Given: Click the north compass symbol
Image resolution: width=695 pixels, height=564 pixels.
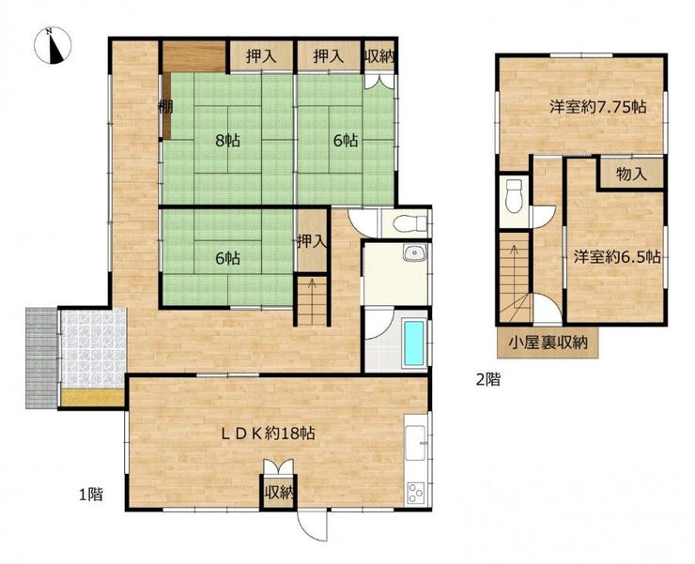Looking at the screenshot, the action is coord(53,45).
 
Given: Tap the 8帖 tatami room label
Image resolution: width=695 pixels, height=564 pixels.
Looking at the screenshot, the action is coord(227,141).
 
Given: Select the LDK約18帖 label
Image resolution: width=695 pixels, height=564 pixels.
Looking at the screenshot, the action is coord(269,434).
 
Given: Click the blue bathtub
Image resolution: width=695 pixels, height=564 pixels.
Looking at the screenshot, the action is coord(414,343).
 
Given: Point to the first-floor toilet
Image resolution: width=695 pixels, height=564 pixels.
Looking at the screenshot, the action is coord(409,224).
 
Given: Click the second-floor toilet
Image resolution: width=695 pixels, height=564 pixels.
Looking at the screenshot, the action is coord(514,195).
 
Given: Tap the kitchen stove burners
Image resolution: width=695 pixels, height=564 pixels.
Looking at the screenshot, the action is coord(416,492).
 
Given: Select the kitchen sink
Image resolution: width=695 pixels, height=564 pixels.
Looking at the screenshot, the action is coord(416,443).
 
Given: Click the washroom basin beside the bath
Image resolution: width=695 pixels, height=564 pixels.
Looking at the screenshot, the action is coord(414,253).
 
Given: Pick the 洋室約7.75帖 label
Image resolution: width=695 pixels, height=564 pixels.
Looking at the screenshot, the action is coord(598,107).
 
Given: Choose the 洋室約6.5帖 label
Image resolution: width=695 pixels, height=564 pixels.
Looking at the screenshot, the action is coord(617,257).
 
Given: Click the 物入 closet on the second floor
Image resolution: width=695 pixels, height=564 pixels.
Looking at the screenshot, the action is coord(632,175).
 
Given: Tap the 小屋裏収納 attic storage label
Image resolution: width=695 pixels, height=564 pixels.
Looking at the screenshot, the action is coord(548,343).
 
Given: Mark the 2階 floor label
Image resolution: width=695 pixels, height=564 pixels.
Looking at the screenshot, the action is coord(487,379).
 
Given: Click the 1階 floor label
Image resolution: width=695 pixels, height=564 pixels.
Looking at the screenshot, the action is coord(91,494).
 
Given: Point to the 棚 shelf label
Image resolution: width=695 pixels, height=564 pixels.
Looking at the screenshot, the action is coord(165,107).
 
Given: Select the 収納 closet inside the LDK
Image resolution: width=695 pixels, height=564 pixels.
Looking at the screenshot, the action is coord(278,493).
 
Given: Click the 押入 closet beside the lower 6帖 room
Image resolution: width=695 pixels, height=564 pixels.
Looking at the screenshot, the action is coord(312,241).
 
